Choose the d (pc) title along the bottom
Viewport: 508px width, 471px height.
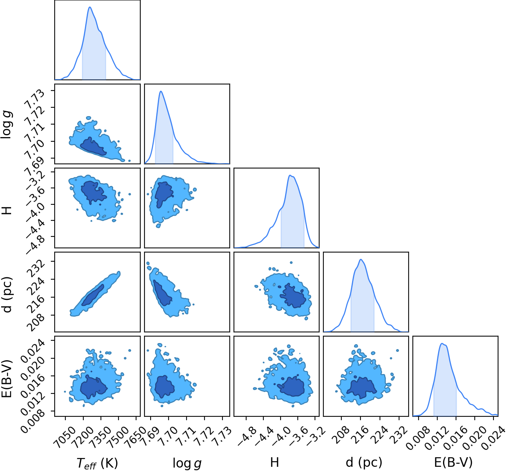click(x=364, y=462)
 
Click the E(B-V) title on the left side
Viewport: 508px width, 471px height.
click(x=6, y=379)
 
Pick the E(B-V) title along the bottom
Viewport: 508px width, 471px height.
click(x=453, y=462)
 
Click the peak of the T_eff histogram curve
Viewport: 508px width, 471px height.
click(x=90, y=7)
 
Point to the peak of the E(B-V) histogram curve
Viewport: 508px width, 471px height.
click(x=442, y=343)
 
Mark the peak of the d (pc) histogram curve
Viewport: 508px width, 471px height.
click(x=361, y=259)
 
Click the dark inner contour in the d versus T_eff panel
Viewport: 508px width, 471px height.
click(x=93, y=295)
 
